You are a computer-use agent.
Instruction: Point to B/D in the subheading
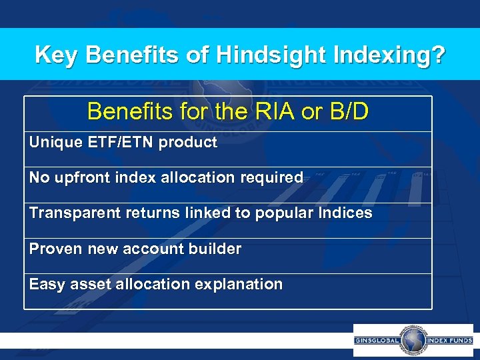(x=347, y=111)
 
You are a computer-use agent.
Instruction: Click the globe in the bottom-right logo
(x=413, y=340)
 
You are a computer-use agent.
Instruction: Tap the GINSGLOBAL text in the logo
(x=377, y=340)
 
